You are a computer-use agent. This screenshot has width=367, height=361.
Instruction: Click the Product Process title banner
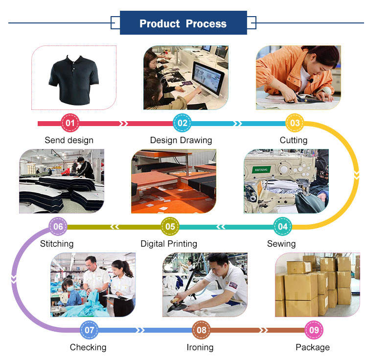(x=183, y=23)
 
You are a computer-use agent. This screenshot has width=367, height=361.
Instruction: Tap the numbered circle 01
(x=70, y=123)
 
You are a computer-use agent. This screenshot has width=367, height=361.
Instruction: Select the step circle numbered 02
(x=183, y=123)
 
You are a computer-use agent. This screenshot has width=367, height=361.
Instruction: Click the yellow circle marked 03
(x=295, y=123)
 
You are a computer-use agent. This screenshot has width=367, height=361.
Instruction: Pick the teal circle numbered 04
(x=283, y=226)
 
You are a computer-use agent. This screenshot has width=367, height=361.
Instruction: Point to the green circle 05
(x=170, y=226)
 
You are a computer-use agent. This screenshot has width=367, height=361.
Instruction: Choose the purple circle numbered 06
(x=58, y=226)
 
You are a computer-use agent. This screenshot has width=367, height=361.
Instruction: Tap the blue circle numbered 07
(x=89, y=330)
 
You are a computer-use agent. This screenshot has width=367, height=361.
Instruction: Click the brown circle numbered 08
(x=202, y=330)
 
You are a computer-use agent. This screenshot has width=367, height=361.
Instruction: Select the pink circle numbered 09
(x=314, y=330)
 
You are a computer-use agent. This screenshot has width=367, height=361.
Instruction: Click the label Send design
(x=69, y=140)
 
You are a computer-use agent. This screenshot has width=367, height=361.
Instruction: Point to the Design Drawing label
(x=181, y=140)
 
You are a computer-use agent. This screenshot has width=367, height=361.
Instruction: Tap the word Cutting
(x=294, y=140)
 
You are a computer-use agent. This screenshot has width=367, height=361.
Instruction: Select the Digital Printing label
(x=169, y=243)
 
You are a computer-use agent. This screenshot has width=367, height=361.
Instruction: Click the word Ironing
(x=200, y=347)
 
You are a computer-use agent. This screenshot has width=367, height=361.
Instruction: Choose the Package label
(x=313, y=347)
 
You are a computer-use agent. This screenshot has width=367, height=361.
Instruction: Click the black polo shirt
(x=74, y=80)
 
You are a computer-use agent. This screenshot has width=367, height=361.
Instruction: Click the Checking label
(x=88, y=347)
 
